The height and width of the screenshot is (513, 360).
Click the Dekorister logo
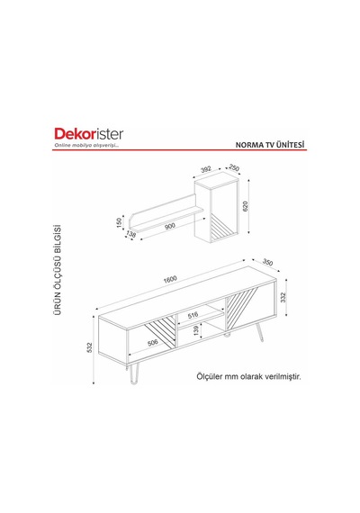(89, 134)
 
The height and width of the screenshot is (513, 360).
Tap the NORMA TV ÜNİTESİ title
(270, 145)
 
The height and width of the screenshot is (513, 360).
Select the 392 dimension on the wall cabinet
(206, 169)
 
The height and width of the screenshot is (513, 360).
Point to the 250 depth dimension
(234, 168)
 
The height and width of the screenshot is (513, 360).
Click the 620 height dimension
(246, 206)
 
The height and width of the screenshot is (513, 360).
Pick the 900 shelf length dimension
(170, 226)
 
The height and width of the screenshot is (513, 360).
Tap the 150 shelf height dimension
(119, 222)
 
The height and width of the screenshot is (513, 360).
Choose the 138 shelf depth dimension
(131, 234)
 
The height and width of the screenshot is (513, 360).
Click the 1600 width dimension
(170, 279)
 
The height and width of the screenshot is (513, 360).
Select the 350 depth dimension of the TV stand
(267, 263)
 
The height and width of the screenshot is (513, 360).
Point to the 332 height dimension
(283, 297)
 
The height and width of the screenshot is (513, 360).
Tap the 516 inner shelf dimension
(193, 315)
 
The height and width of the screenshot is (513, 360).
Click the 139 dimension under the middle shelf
(195, 331)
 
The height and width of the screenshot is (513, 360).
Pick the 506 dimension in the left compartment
(152, 343)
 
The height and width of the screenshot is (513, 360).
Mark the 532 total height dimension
(90, 347)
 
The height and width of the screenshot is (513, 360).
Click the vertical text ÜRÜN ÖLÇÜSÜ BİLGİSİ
(58, 270)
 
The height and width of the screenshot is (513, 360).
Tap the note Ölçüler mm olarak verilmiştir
(248, 376)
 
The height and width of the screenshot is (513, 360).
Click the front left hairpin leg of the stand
(133, 373)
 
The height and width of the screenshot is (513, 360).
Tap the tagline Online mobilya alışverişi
(86, 145)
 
